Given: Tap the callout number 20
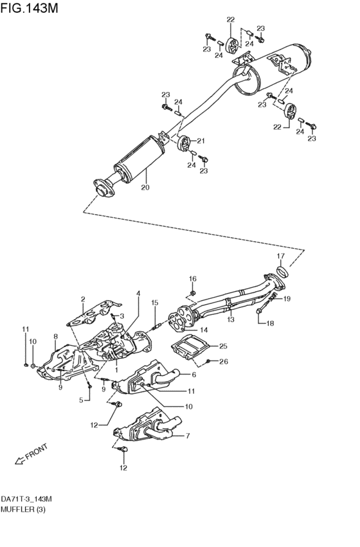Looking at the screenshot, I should pyautogui.click(x=145, y=188).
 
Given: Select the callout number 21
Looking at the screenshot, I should pyautogui.click(x=200, y=141).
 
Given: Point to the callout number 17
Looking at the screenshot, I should pyautogui.click(x=280, y=256).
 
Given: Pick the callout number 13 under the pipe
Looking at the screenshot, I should pyautogui.click(x=230, y=319).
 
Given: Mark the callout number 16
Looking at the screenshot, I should pyautogui.click(x=192, y=278).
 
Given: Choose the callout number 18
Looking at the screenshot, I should pyautogui.click(x=270, y=323).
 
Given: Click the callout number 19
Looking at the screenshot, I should pyautogui.click(x=287, y=298).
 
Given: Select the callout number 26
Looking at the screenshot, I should pyautogui.click(x=223, y=361).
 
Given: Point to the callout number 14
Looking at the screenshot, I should pyautogui.click(x=203, y=330).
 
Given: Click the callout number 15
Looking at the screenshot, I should pyautogui.click(x=154, y=303).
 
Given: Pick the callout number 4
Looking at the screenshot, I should pyautogui.click(x=138, y=294).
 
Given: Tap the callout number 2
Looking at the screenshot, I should pyautogui.click(x=83, y=299).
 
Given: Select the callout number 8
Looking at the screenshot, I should pyautogui.click(x=56, y=336).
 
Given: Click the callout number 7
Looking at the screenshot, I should pyautogui.click(x=188, y=436).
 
